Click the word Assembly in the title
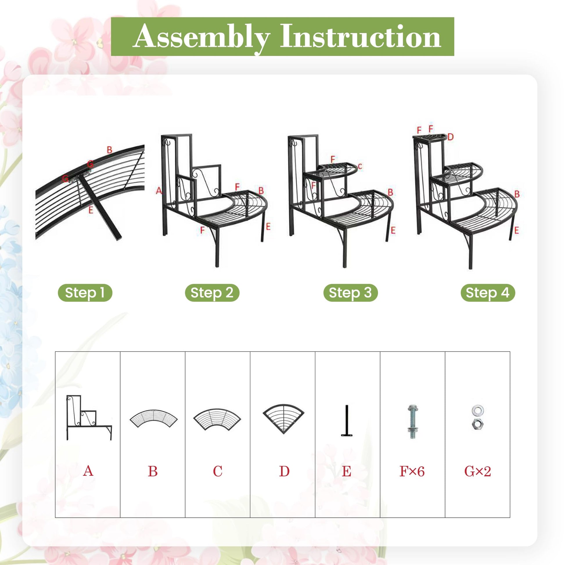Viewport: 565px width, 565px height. pyautogui.click(x=201, y=37)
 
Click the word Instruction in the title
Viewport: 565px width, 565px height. pyautogui.click(x=361, y=36)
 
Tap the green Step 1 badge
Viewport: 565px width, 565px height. pyautogui.click(x=85, y=293)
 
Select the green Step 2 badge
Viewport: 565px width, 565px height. pyautogui.click(x=212, y=293)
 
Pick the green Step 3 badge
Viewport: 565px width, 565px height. pyautogui.click(x=350, y=293)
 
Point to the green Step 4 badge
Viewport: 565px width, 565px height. pyautogui.click(x=487, y=293)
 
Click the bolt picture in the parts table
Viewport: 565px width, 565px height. pyautogui.click(x=412, y=422)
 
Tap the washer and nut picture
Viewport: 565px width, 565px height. pyautogui.click(x=477, y=418)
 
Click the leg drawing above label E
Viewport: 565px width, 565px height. pyautogui.click(x=347, y=420)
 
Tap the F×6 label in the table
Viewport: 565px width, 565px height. pyautogui.click(x=412, y=472)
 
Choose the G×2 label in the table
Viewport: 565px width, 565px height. pyautogui.click(x=477, y=472)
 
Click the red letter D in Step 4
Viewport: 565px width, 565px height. pyautogui.click(x=450, y=137)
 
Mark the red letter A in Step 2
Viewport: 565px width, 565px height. pyautogui.click(x=159, y=191)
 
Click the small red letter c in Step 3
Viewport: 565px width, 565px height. pyautogui.click(x=360, y=166)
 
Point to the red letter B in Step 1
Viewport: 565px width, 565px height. pyautogui.click(x=109, y=150)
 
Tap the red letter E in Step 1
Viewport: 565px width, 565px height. pyautogui.click(x=90, y=210)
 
